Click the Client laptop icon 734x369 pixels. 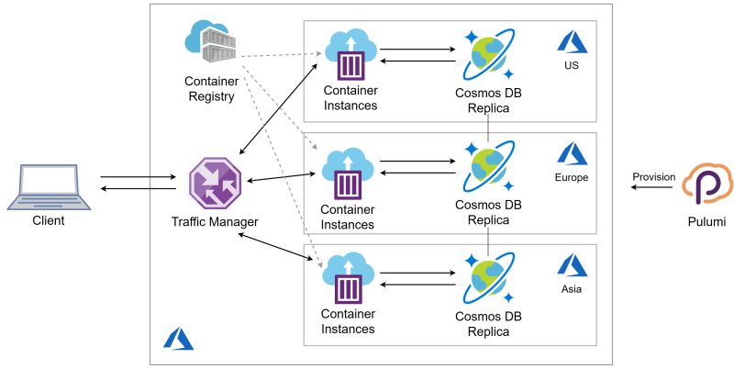(x=50, y=184)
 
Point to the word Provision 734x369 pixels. (x=653, y=176)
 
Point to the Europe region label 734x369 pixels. (x=573, y=177)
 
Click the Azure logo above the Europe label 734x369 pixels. (x=573, y=152)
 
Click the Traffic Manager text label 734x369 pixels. (x=214, y=222)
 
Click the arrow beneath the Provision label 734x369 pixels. (x=652, y=189)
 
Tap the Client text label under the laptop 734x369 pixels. (x=50, y=221)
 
